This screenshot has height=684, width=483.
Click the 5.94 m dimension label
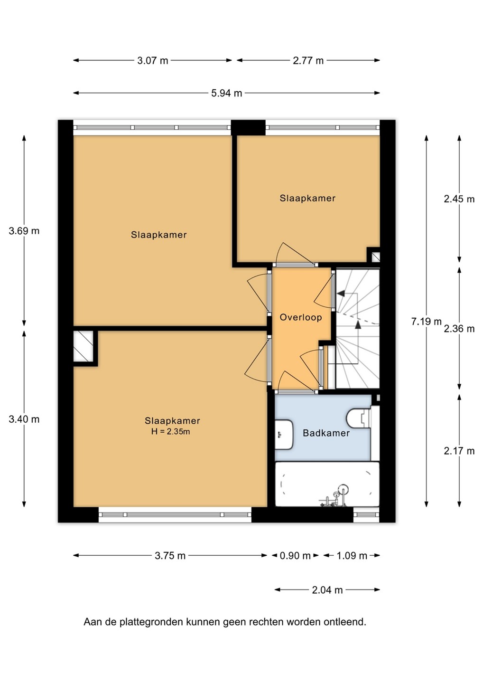coord(226,93)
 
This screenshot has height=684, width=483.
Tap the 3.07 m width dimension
coord(152,60)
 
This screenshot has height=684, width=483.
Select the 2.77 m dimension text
coord(308,60)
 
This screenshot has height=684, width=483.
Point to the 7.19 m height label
coord(426,322)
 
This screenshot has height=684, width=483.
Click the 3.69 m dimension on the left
coord(24,231)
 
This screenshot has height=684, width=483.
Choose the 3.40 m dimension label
coord(24,419)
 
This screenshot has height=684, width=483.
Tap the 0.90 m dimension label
coord(295,556)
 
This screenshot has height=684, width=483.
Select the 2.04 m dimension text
coord(327,590)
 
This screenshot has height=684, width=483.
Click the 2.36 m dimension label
coord(459,329)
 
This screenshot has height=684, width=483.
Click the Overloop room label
coord(301,318)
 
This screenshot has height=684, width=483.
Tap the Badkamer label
coord(326,433)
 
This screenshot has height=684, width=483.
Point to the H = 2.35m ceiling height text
coord(170,431)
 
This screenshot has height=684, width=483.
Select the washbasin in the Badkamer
coord(284,435)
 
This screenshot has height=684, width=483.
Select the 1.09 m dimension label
coord(352,556)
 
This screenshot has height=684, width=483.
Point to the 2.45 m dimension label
coord(459,199)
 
